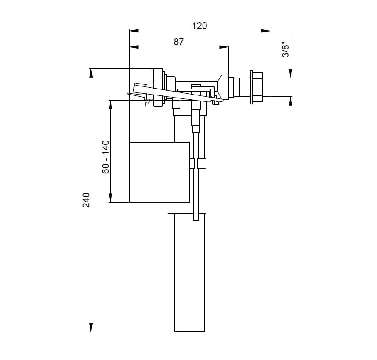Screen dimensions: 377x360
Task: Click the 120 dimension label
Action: point(199,26)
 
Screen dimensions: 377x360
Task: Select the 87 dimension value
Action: point(179,42)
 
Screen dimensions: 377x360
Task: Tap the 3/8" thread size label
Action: point(286,50)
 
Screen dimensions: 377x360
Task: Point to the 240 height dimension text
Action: point(86,200)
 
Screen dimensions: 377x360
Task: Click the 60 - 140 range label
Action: point(105,157)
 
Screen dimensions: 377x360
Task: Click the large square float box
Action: point(159,172)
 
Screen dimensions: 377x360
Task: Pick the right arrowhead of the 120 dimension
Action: point(266,31)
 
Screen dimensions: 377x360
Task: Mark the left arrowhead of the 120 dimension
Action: point(134,31)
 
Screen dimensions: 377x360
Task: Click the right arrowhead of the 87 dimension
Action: point(224,47)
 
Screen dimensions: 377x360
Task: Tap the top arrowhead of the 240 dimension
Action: point(91,73)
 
